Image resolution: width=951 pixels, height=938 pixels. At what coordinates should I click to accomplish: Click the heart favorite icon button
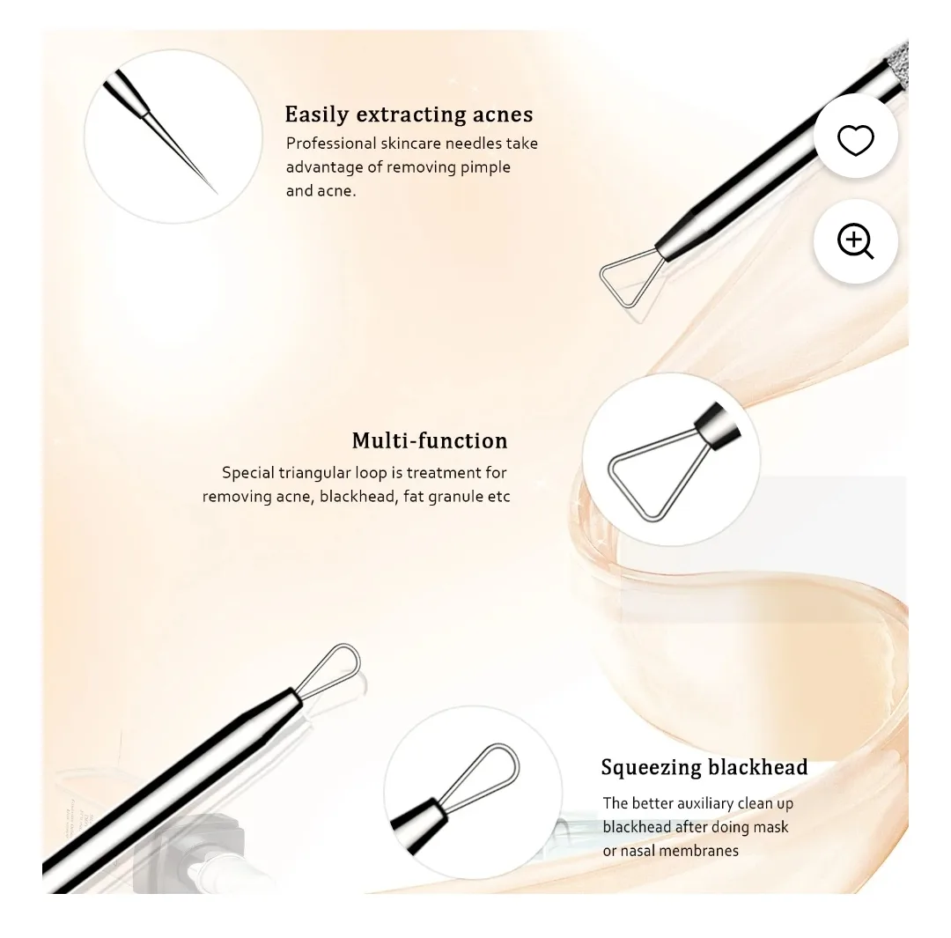[855, 140]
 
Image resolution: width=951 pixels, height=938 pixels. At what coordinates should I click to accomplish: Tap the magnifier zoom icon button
[855, 241]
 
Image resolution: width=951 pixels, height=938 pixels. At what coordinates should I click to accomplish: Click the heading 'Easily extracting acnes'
[409, 114]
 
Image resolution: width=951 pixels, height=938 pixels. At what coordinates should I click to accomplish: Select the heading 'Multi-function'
[430, 440]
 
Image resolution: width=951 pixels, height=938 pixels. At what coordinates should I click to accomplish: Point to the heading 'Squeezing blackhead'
[704, 767]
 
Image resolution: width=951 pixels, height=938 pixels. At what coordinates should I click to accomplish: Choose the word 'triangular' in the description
[313, 473]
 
